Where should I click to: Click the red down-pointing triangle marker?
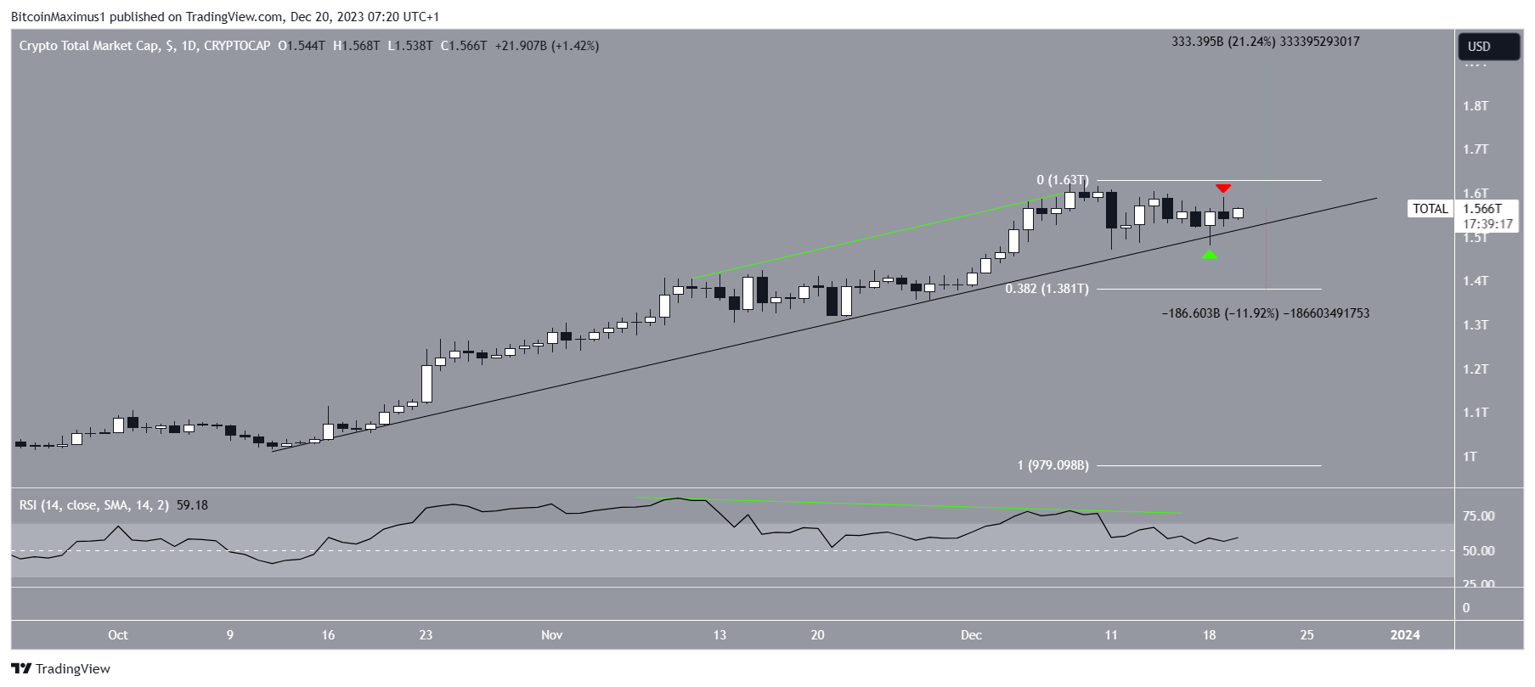1223,188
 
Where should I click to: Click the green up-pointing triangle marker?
1210,254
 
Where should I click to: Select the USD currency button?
1488,47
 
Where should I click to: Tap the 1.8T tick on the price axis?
1475,106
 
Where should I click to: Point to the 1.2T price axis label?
1475,369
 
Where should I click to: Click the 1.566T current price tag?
1481,209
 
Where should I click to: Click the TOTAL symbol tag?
1431,209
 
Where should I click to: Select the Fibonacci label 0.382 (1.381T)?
1047,289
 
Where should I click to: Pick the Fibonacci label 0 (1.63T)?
1062,180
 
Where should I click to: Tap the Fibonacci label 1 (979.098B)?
1052,465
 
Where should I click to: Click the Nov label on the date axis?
552,635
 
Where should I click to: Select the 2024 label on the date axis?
1404,635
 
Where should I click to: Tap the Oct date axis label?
118,635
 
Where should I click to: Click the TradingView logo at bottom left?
61,669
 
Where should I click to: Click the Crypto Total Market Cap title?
88,46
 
